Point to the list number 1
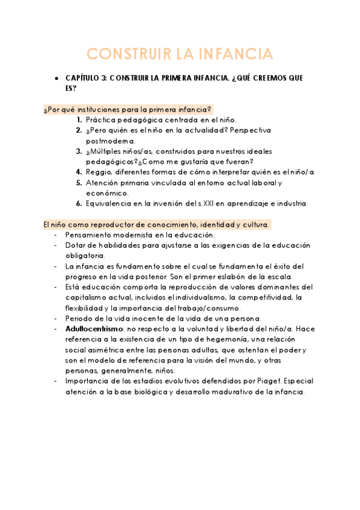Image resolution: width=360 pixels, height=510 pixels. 79,120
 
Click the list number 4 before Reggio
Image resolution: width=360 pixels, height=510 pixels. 79,172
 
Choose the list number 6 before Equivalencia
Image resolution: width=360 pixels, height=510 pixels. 79,203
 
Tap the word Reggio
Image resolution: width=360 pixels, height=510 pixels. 99,172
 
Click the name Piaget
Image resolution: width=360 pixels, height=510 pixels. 263,381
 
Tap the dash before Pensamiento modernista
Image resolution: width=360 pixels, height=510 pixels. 56,235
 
